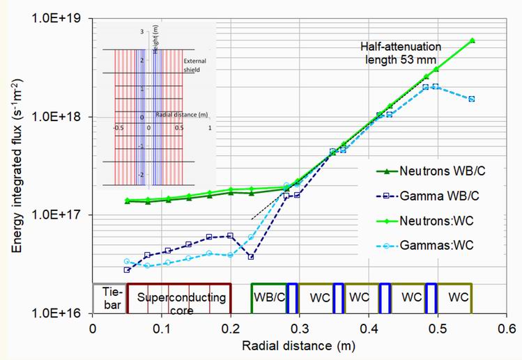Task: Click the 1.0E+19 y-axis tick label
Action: (x=56, y=19)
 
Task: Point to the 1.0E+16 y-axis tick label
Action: (x=56, y=313)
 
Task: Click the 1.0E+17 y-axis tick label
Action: (x=56, y=215)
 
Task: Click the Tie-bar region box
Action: (x=109, y=298)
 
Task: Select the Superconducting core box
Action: (x=178, y=298)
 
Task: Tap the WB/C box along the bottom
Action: (x=268, y=297)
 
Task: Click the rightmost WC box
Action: (x=458, y=297)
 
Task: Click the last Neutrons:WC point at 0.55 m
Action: (x=472, y=40)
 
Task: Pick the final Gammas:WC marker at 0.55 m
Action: (x=472, y=99)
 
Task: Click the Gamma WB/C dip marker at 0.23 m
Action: (x=251, y=257)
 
